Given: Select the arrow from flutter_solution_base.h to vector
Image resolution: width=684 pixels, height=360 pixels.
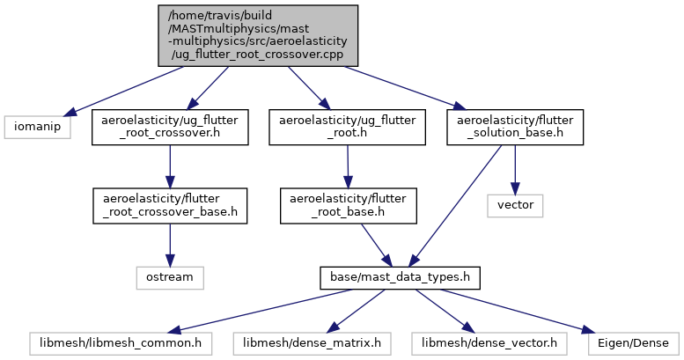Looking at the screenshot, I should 515,167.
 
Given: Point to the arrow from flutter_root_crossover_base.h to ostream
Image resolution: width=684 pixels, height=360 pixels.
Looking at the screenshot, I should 169,242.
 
